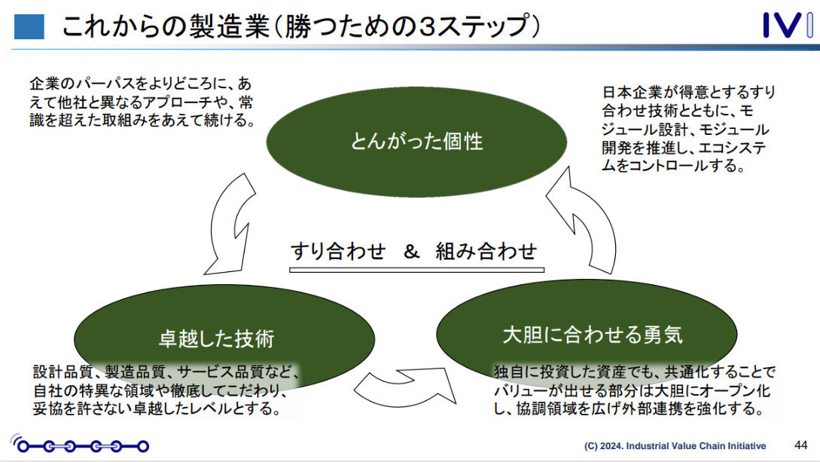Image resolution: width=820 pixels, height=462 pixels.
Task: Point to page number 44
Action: (x=801, y=444)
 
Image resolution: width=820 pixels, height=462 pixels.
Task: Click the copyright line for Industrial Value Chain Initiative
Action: (x=675, y=445)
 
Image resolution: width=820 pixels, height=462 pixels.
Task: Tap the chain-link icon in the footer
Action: (x=79, y=445)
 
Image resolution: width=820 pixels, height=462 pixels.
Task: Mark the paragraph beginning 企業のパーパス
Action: (x=141, y=102)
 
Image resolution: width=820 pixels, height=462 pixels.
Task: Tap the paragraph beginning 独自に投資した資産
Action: (x=631, y=391)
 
